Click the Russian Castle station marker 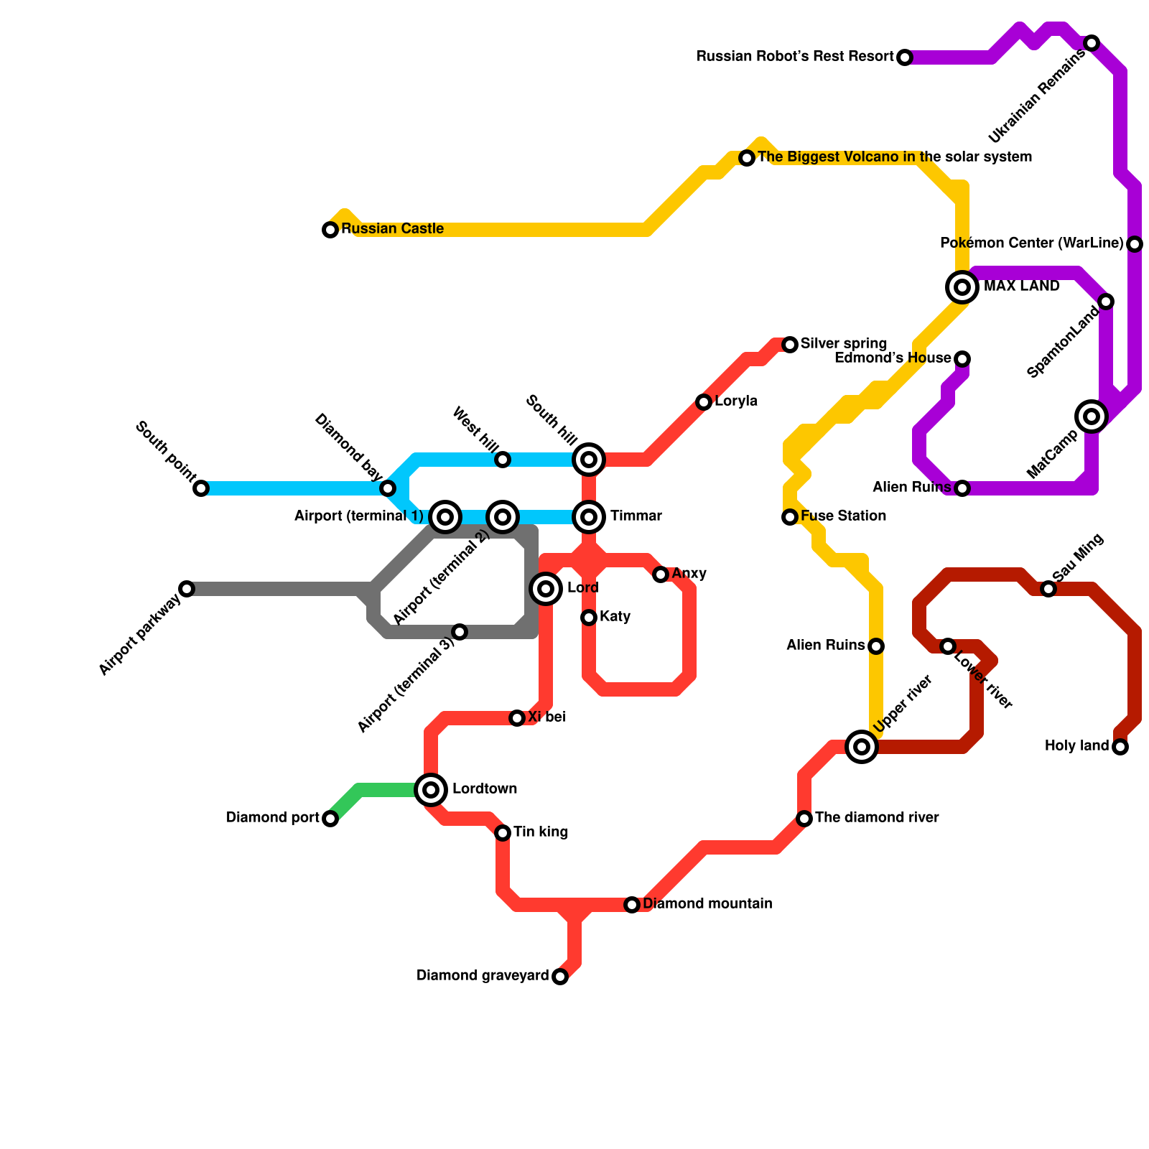tap(330, 230)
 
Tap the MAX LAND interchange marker tap(962, 287)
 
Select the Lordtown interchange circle tap(431, 790)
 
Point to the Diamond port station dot tap(330, 819)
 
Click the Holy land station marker tap(1120, 747)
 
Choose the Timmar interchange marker tap(589, 517)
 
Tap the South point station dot tap(201, 488)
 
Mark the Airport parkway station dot tap(187, 589)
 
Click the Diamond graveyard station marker tap(560, 977)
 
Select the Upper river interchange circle tap(862, 747)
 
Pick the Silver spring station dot tap(790, 345)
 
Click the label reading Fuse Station tap(843, 516)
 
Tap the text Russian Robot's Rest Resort tap(795, 57)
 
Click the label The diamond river tap(877, 818)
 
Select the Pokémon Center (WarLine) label tap(1031, 243)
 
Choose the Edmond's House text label tap(893, 358)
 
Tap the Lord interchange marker tap(546, 589)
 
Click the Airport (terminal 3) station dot tap(460, 632)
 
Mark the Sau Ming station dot tap(1048, 589)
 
